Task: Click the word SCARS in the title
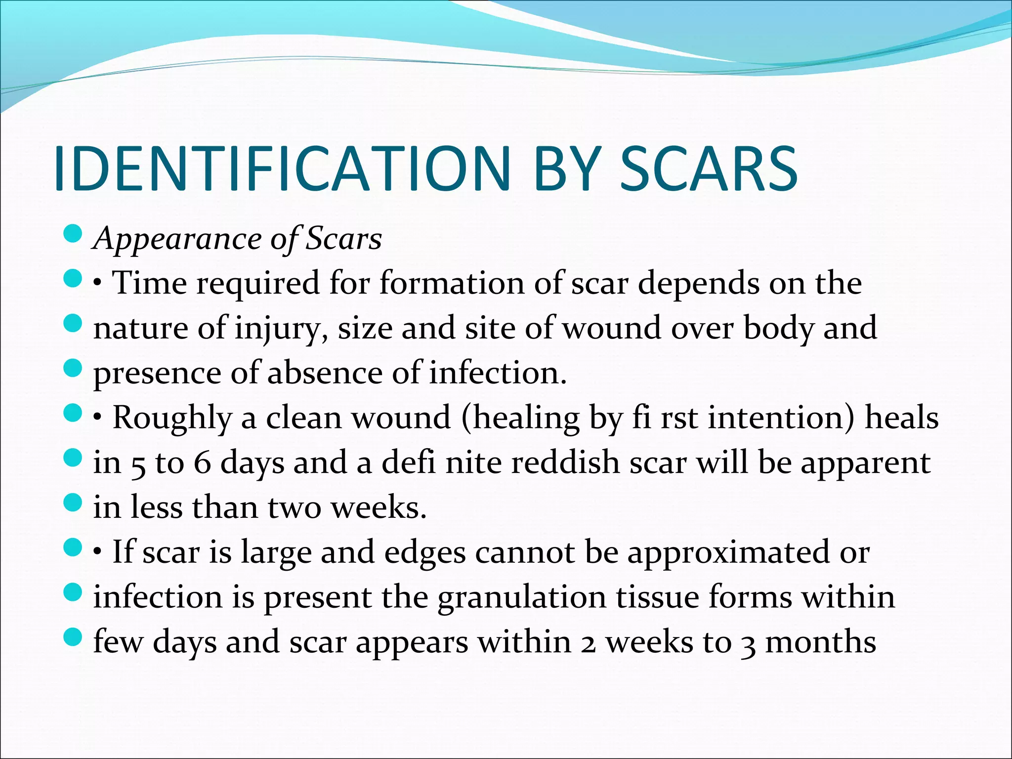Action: (x=708, y=169)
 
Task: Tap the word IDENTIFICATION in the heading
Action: (x=283, y=169)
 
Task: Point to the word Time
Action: (x=149, y=283)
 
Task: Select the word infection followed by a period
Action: (x=498, y=373)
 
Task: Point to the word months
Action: (x=820, y=642)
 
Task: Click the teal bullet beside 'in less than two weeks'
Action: (x=73, y=504)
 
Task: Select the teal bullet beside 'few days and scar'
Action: (x=73, y=637)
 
